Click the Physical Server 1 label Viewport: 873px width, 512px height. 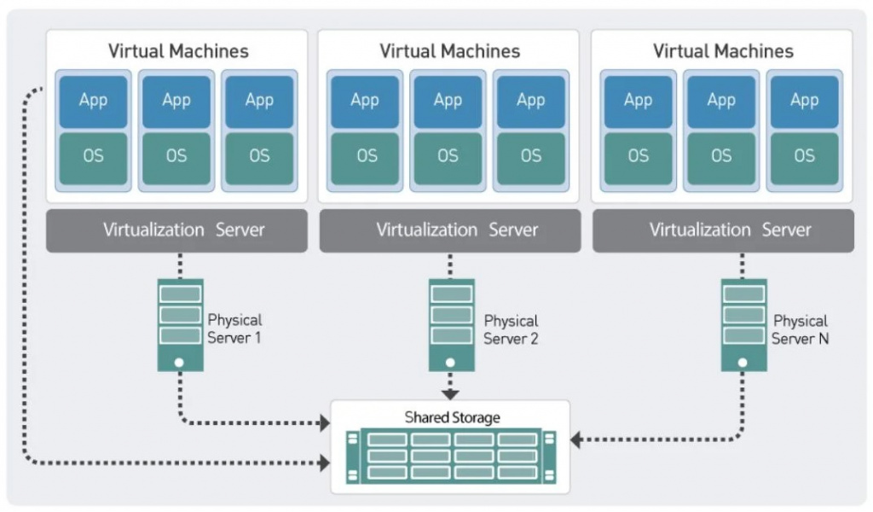pyautogui.click(x=234, y=329)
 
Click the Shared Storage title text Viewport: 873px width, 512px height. pyautogui.click(x=452, y=417)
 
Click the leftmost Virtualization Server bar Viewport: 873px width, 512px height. pyautogui.click(x=176, y=230)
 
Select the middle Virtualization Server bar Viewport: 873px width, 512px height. pyautogui.click(x=450, y=230)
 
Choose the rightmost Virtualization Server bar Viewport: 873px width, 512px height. pyautogui.click(x=723, y=230)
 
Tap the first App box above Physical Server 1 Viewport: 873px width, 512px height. pyautogui.click(x=93, y=101)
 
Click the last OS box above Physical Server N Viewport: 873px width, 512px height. pyautogui.click(x=804, y=157)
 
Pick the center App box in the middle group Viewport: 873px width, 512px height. pyautogui.click(x=448, y=101)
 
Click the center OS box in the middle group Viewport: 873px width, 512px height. pyautogui.click(x=448, y=157)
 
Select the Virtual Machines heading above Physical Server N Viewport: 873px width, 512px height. pyautogui.click(x=723, y=51)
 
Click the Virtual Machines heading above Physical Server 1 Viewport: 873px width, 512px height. pyautogui.click(x=178, y=51)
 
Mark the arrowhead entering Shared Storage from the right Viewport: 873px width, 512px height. pyautogui.click(x=576, y=440)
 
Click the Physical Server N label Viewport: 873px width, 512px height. pyautogui.click(x=800, y=329)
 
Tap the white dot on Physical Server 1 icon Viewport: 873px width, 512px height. pyautogui.click(x=179, y=362)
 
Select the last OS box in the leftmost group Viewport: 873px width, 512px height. pyautogui.click(x=259, y=157)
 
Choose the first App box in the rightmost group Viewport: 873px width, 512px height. pyautogui.click(x=638, y=101)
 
